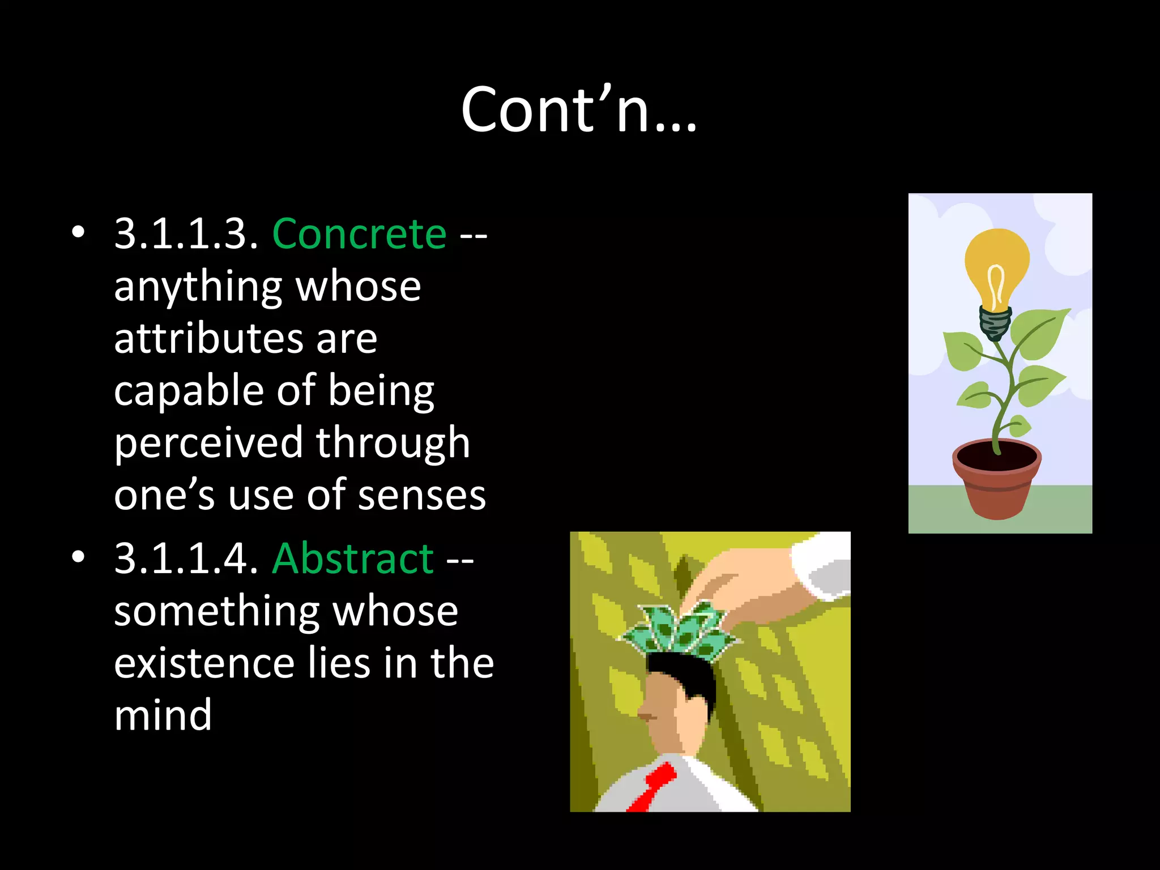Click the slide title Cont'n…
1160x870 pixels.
579,110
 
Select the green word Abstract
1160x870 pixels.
353,558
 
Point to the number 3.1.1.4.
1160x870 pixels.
186,558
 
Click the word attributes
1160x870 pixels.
208,339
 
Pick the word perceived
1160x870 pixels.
208,443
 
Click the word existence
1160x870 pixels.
204,663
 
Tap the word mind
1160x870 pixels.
163,715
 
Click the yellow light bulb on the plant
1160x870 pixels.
997,266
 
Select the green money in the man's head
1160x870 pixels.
680,632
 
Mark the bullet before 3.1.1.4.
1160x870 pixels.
78,557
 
